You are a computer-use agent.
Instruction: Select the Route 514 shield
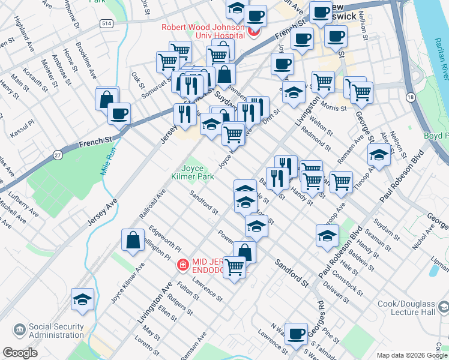pos(106,23)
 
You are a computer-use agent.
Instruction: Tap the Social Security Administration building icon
pos(19,330)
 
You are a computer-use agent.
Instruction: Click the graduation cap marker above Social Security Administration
pos(82,299)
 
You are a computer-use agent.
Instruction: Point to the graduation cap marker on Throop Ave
pos(379,154)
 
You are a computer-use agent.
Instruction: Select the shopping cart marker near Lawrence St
pos(235,267)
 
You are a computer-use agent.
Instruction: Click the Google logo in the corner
pos(20,353)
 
